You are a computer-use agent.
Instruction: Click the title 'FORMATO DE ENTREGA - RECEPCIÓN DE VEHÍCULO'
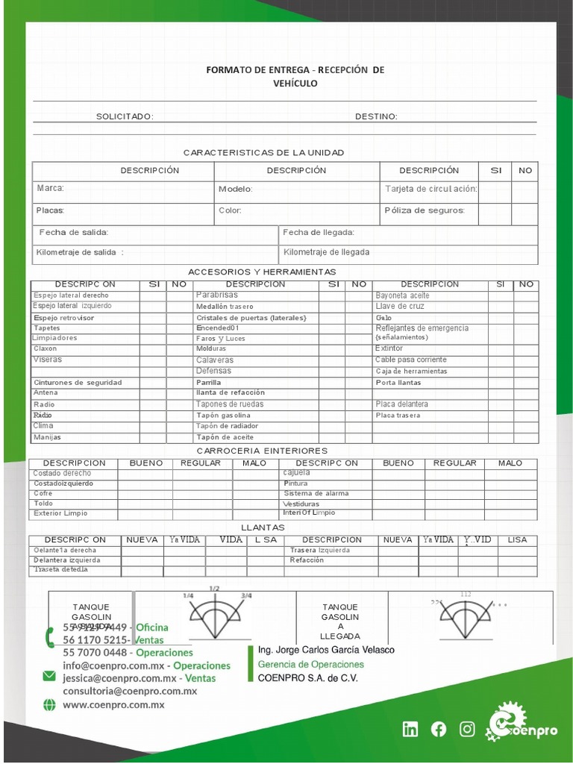pos(295,76)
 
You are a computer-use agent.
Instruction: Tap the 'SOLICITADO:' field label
pos(125,116)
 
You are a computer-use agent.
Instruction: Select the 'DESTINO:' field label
pos(376,116)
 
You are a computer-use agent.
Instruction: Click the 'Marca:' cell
pos(51,188)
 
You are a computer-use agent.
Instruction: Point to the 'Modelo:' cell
pos(236,189)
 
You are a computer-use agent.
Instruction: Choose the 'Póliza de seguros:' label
pos(425,210)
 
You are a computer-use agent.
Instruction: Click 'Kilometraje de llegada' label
pos(326,252)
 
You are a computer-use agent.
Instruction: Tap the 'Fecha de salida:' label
pos(74,232)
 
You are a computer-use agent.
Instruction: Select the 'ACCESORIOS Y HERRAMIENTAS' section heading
pos(262,272)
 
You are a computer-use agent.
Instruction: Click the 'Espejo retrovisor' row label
pos(63,318)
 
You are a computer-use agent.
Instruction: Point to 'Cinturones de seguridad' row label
pos(78,383)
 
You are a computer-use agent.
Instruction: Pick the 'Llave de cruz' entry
pos(400,307)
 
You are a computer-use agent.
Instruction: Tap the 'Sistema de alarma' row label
pos(316,494)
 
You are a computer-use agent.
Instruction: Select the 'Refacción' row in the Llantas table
pos(307,560)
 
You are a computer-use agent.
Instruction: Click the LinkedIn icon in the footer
pos(410,730)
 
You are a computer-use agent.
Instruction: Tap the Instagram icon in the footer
pos(467,730)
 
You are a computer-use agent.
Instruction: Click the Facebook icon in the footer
pos(439,730)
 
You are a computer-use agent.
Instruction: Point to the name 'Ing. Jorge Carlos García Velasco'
pos(326,650)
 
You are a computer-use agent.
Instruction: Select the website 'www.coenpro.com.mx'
pos(113,704)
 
